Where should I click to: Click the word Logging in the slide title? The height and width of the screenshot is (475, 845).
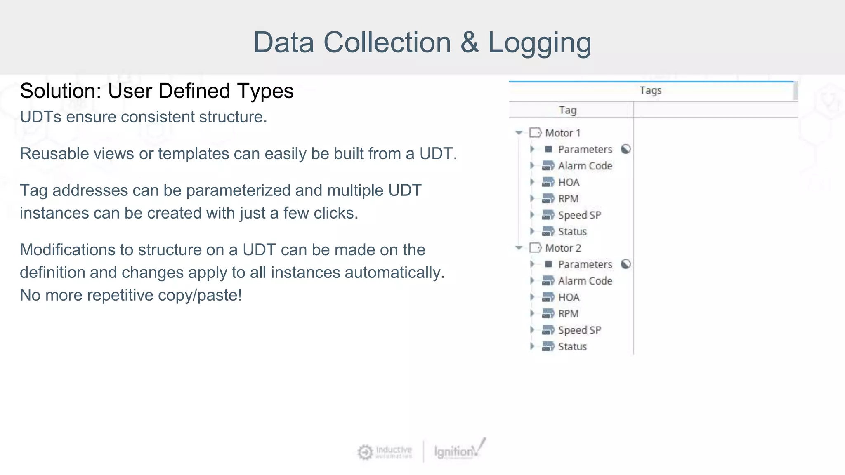tap(539, 43)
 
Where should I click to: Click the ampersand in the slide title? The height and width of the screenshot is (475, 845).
tap(469, 42)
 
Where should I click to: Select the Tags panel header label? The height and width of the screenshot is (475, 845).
tap(650, 90)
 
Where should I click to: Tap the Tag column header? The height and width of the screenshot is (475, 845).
tap(567, 110)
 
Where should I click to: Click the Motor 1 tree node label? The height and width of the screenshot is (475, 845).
tap(562, 133)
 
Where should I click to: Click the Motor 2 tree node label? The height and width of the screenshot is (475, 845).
tap(563, 248)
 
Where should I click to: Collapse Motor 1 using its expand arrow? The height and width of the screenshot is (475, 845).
tap(519, 133)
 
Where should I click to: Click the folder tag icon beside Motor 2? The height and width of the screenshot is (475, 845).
tap(536, 248)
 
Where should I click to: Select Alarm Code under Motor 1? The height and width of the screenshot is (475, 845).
tap(585, 166)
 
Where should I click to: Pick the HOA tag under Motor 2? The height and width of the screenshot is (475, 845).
tap(569, 297)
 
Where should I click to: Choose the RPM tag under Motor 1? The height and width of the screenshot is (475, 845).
tap(568, 199)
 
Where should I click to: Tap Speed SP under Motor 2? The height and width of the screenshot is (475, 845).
tap(579, 330)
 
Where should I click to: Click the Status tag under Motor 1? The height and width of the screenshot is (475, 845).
tap(572, 232)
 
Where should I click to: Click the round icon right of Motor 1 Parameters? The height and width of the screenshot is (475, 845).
tap(625, 149)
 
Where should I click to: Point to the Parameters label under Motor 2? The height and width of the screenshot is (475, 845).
tap(585, 264)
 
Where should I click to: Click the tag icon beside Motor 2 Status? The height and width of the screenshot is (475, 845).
tap(548, 347)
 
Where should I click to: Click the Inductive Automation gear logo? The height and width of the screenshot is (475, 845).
tap(365, 452)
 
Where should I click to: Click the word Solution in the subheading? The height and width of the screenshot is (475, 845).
tap(60, 91)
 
